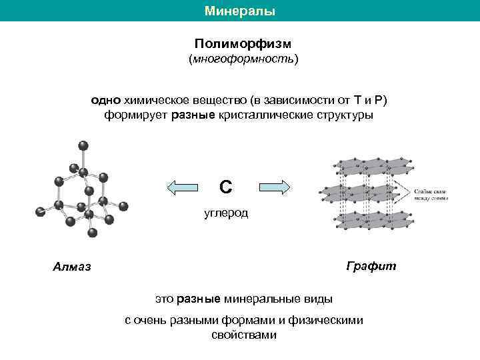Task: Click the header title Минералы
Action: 239,11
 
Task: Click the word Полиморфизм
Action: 243,43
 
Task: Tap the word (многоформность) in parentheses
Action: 243,60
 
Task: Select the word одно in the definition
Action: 105,100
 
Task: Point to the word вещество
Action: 216,100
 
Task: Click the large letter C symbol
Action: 226,187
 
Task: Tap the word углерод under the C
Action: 226,213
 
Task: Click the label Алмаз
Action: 72,268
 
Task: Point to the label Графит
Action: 371,266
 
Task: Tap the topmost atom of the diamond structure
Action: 83,145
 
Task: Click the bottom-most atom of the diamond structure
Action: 93,233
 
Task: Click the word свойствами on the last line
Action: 243,335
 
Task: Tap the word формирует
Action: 136,115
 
